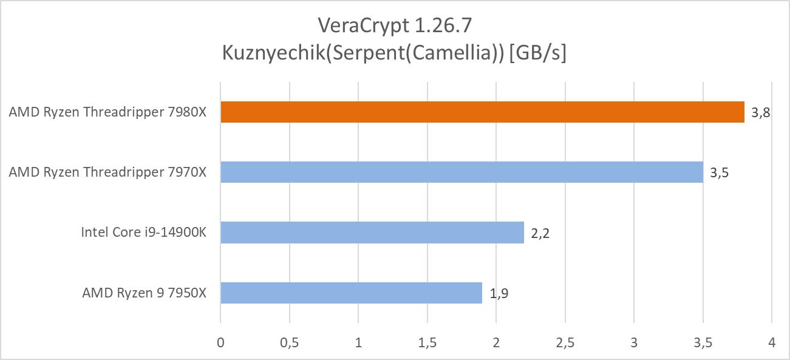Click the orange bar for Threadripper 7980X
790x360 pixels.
(482, 112)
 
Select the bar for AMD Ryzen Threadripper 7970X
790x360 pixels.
(461, 172)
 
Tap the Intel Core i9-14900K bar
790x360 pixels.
(372, 232)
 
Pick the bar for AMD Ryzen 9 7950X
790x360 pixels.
(351, 293)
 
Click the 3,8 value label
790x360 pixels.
(761, 112)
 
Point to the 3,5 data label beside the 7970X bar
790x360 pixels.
(719, 172)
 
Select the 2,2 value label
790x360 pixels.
(540, 233)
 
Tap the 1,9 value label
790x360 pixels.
(499, 294)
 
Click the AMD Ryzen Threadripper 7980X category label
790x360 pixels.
(107, 112)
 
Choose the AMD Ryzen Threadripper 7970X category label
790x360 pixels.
(107, 172)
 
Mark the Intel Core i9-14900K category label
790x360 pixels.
(144, 233)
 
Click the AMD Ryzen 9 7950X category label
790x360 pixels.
(145, 293)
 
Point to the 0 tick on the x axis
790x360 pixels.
(220, 342)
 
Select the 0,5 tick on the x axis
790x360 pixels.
(289, 342)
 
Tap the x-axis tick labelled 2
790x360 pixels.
(496, 342)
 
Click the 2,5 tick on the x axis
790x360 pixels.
(565, 342)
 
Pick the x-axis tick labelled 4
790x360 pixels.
(771, 342)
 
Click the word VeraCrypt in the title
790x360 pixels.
(358, 26)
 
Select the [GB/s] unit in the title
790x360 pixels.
(538, 53)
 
